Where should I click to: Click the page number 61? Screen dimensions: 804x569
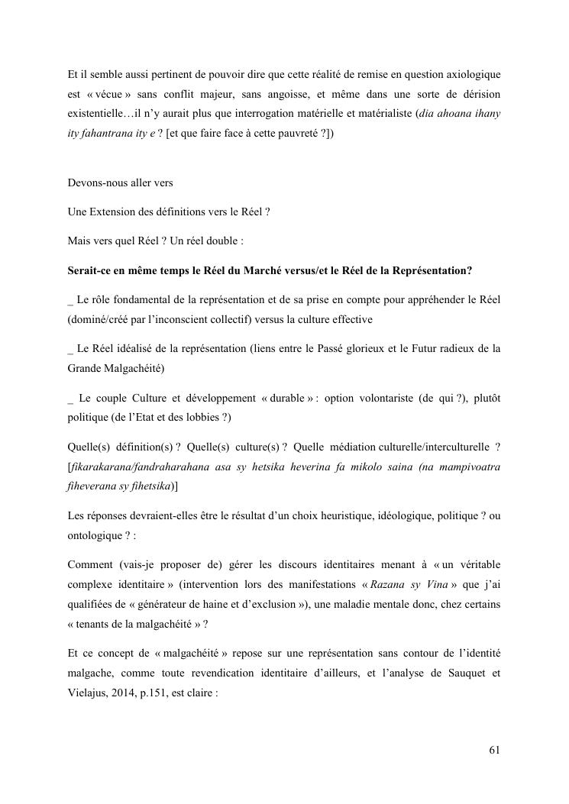494,749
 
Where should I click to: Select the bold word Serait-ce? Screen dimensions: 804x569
90,270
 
